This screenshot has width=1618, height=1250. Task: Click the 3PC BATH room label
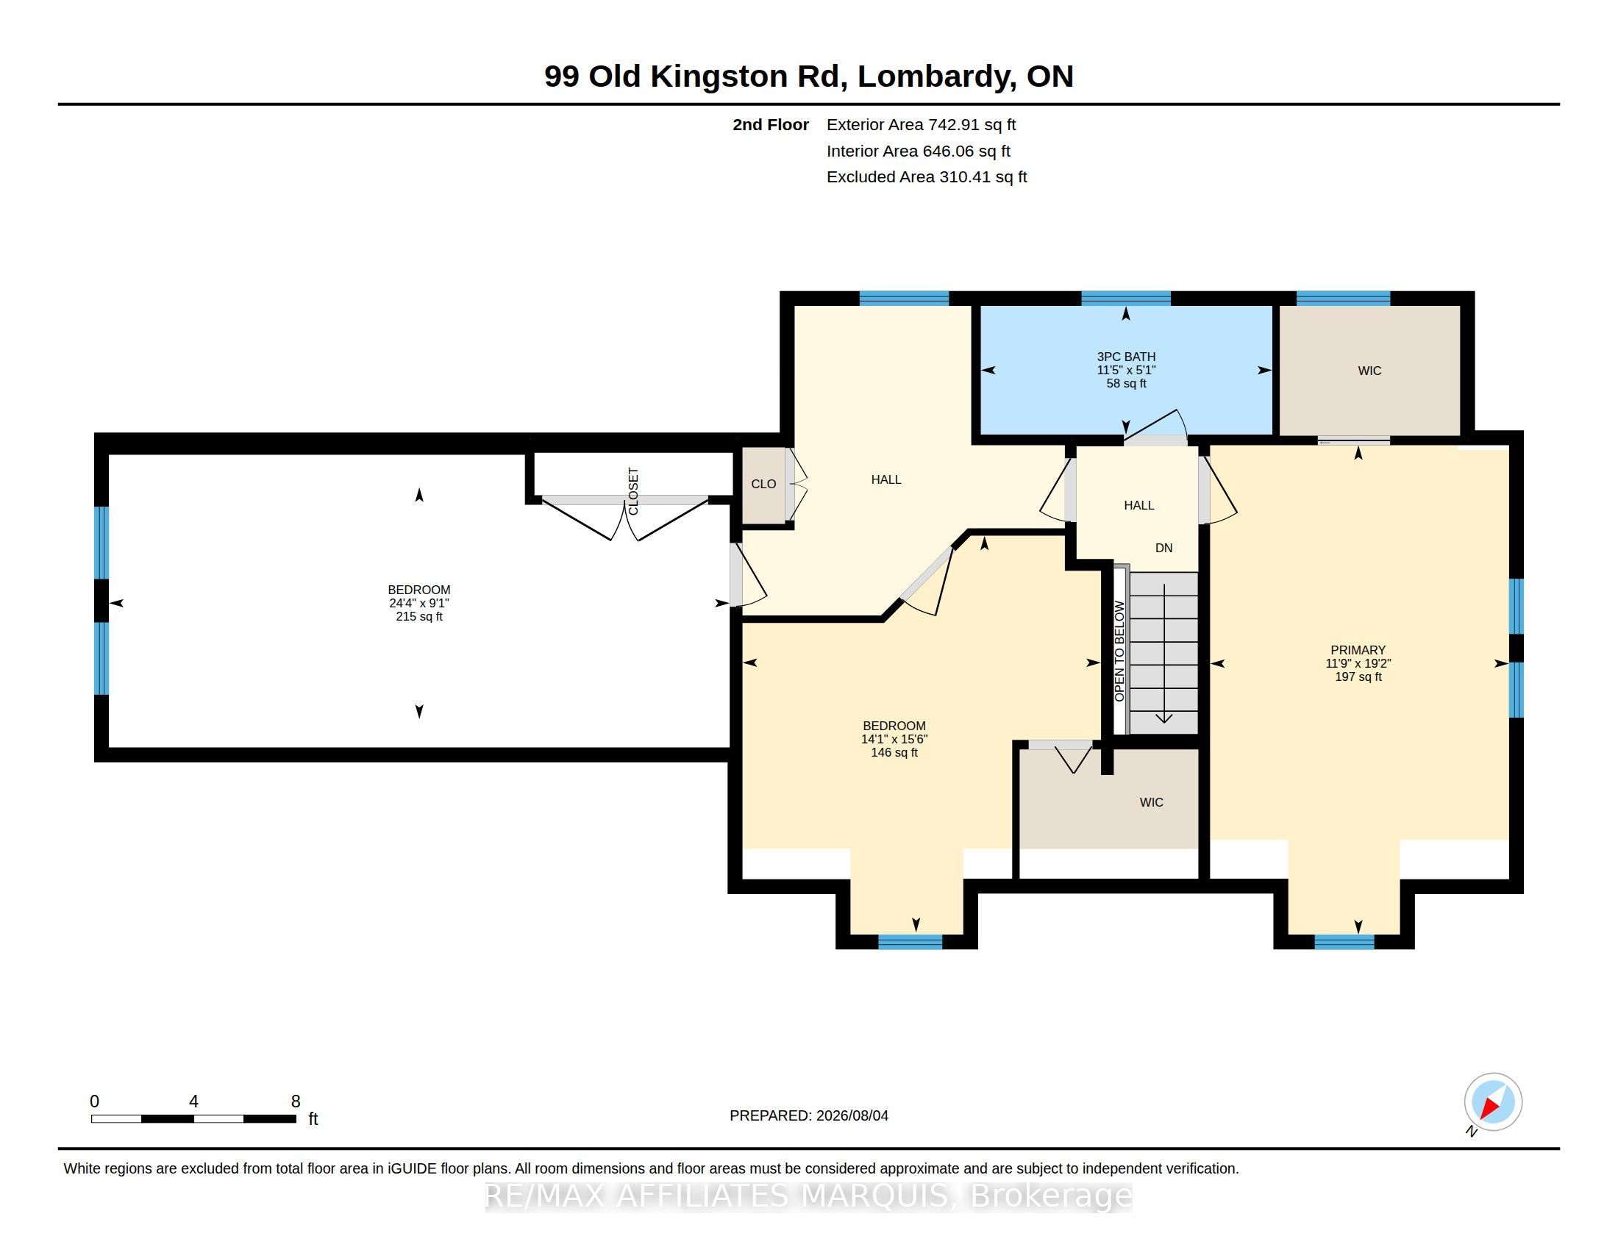pos(1126,357)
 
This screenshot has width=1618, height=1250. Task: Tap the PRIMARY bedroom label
pos(1357,650)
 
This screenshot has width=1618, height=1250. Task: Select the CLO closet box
pos(764,485)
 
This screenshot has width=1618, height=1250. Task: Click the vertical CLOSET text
pos(633,491)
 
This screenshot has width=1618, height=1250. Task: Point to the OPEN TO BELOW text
pos(1119,651)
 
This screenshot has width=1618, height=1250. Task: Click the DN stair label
pos(1164,548)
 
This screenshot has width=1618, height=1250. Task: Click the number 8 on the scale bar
pos(296,1101)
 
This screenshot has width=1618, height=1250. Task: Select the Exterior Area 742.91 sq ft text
pos(921,124)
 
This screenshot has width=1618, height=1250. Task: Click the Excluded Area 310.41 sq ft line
pos(927,177)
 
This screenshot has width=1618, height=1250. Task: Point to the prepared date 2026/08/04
pos(852,1115)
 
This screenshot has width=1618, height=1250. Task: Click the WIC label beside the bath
pos(1369,371)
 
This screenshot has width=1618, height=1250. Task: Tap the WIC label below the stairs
pos(1151,802)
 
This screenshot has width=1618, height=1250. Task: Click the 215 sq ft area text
pos(419,616)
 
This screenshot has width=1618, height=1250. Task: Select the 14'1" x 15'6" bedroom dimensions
pos(894,739)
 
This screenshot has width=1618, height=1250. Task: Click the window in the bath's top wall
pos(1125,299)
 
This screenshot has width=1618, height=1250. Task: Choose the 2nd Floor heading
pos(771,124)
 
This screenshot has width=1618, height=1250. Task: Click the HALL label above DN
pos(1138,505)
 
